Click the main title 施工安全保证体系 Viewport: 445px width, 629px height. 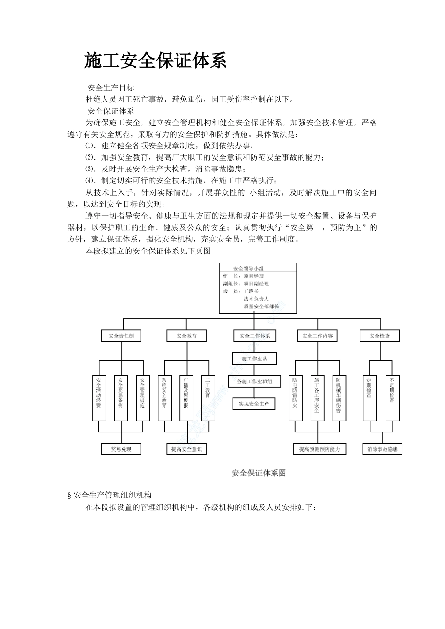pos(156,61)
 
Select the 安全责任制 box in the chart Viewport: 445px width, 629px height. pos(121,336)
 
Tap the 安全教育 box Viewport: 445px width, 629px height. pos(186,336)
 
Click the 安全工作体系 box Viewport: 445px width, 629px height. pos(254,336)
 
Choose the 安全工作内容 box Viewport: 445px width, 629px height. pos(318,336)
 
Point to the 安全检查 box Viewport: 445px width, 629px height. pos(379,336)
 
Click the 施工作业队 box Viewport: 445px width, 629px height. pos(254,358)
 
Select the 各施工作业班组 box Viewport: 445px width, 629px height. pos(254,381)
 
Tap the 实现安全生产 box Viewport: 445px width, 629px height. pos(254,403)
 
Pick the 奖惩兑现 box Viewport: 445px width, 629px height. pos(121,449)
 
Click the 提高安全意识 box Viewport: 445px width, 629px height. pos(186,449)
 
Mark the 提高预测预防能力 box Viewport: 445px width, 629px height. pos(319,449)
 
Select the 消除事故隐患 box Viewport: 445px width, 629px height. pos(382,449)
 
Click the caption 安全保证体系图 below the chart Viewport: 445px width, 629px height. pos(259,473)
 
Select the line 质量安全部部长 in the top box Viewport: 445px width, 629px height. pos(261,306)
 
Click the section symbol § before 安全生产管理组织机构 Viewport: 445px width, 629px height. pos(69,496)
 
